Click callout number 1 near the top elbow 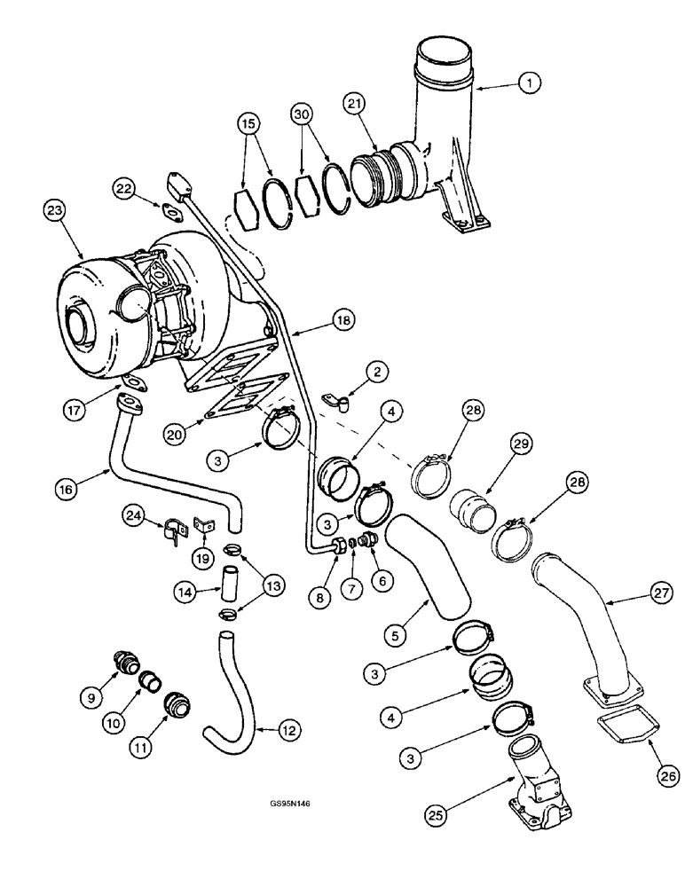529,83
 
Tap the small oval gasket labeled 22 169,210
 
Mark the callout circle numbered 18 342,320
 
